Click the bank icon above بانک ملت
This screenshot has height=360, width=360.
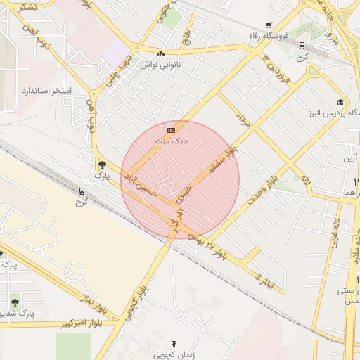(x=171, y=130)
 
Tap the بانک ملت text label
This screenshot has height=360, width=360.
(x=171, y=141)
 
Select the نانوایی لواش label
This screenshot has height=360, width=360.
(x=161, y=64)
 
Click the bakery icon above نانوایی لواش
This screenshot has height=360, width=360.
(x=161, y=53)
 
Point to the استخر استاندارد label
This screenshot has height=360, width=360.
(x=47, y=91)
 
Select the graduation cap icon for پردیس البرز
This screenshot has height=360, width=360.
(x=340, y=102)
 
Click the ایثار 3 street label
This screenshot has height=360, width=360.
(x=264, y=280)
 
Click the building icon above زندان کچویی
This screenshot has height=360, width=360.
(x=173, y=345)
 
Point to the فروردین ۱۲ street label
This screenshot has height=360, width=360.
(x=276, y=68)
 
